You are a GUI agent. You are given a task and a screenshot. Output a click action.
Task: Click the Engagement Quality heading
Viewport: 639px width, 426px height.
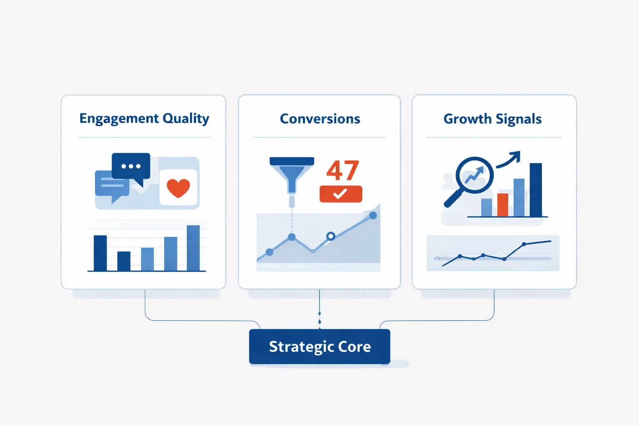[144, 119]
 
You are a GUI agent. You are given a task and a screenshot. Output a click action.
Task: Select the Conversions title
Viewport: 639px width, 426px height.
[319, 119]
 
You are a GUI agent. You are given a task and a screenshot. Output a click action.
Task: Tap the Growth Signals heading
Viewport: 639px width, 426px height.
[492, 119]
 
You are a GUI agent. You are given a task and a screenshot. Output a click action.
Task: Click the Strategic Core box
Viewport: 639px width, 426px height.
[319, 347]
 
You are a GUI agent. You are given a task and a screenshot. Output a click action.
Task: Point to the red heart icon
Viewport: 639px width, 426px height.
[178, 188]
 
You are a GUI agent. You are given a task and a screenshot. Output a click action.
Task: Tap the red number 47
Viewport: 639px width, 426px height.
[342, 171]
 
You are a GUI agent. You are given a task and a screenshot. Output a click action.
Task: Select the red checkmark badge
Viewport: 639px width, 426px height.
[341, 194]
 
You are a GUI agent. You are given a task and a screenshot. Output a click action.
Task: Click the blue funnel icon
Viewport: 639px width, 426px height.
[292, 175]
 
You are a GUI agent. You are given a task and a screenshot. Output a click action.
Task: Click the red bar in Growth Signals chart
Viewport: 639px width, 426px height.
[503, 205]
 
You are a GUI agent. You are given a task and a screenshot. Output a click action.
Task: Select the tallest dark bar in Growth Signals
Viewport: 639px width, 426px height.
[535, 190]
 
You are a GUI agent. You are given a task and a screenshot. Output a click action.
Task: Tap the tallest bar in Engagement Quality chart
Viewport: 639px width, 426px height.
[193, 248]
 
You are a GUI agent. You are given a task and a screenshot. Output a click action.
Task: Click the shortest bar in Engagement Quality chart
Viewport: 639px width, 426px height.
[124, 261]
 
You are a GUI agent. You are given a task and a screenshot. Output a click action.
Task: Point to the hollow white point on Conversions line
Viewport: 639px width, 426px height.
[331, 236]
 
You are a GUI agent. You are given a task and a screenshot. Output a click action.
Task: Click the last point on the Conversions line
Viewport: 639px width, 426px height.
[373, 215]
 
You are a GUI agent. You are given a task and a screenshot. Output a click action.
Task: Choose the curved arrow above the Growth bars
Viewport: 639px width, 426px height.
[509, 160]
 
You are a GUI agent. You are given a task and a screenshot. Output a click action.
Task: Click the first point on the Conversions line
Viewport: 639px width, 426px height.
[269, 252]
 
